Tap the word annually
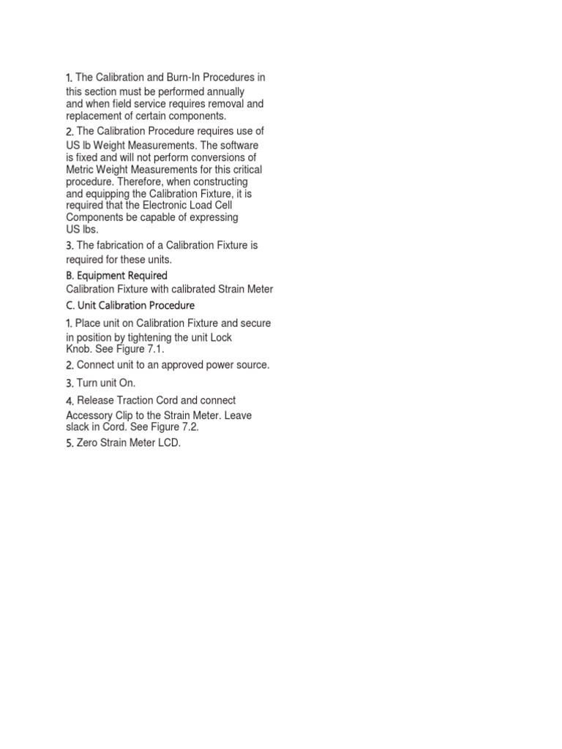[223, 91]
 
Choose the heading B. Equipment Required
[116, 275]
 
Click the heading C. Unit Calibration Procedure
[130, 304]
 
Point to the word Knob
[79, 349]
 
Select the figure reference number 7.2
[190, 426]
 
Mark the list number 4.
[70, 401]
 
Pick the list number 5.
[70, 443]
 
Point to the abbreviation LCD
[168, 443]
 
